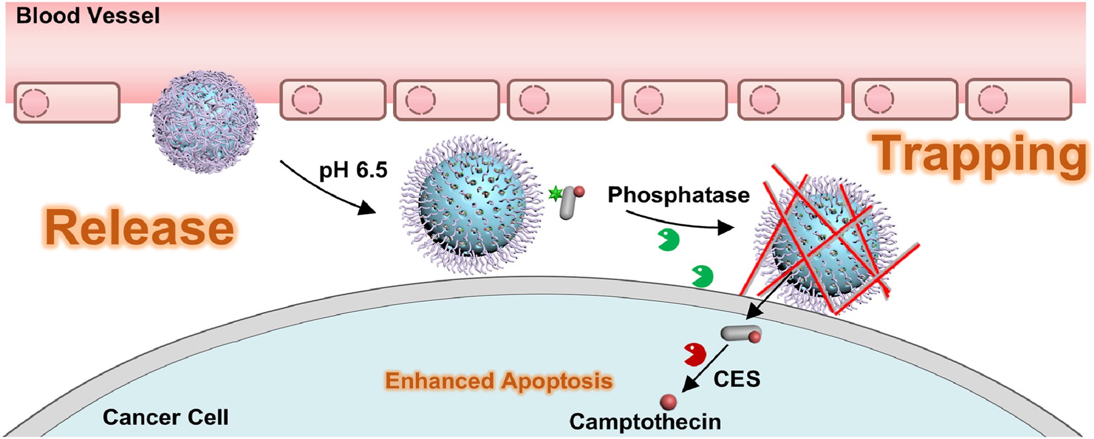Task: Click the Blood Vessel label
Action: pyautogui.click(x=88, y=16)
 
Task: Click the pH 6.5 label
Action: pyautogui.click(x=353, y=170)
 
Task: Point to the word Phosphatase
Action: pyautogui.click(x=679, y=195)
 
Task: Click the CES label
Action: pyautogui.click(x=736, y=379)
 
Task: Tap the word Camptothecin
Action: pyautogui.click(x=645, y=422)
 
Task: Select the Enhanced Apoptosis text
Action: pyautogui.click(x=499, y=381)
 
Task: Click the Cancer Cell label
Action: pyautogui.click(x=166, y=417)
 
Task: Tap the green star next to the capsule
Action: pyautogui.click(x=555, y=194)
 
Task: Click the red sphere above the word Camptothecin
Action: pyautogui.click(x=668, y=402)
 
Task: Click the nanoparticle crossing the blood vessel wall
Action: pyautogui.click(x=205, y=122)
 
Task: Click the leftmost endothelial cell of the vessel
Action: pyautogui.click(x=67, y=103)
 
